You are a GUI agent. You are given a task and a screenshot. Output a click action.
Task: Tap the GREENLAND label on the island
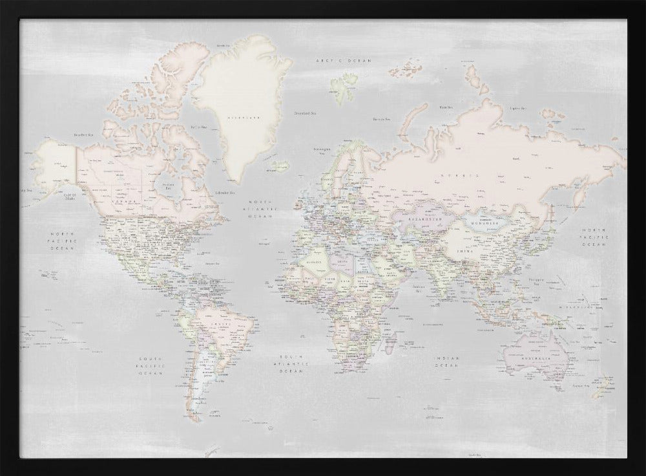coord(246,118)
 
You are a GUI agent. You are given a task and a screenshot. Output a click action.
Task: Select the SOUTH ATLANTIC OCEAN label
coord(291,364)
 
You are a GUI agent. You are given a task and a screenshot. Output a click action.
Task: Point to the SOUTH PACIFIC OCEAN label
coord(152,365)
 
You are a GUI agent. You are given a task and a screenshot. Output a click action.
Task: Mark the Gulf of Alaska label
coord(70,197)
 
